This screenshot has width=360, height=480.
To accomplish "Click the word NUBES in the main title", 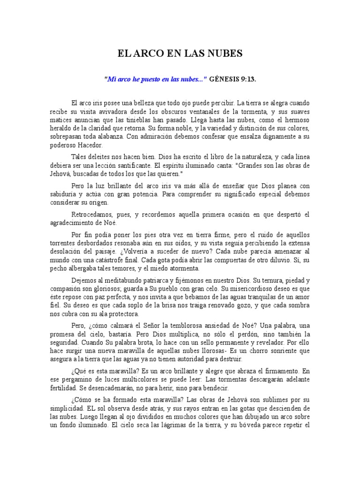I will (x=225, y=54).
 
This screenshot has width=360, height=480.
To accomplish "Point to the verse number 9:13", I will (x=248, y=79).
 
